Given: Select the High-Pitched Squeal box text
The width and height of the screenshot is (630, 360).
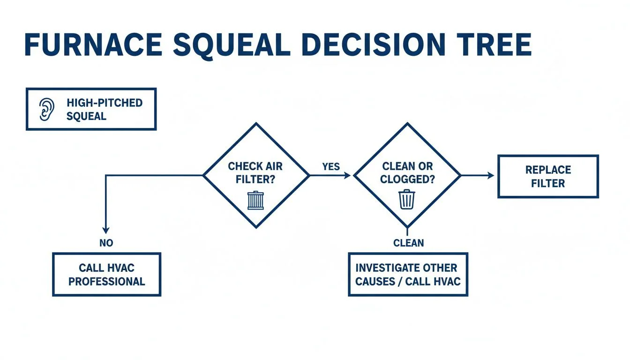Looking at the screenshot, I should [x=104, y=109].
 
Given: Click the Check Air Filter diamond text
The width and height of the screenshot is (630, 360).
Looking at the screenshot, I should [x=255, y=172].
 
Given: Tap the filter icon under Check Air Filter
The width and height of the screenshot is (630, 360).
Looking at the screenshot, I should [x=255, y=200].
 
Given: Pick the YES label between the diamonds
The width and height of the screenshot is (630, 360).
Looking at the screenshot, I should [x=331, y=166].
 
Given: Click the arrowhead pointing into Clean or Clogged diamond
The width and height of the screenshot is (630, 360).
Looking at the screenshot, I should [x=347, y=175].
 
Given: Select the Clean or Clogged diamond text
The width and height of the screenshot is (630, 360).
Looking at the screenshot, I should [x=407, y=172].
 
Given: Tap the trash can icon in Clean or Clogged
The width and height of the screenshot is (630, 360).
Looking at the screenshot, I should [x=406, y=199].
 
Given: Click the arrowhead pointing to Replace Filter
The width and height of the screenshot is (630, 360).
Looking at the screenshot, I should [x=491, y=175].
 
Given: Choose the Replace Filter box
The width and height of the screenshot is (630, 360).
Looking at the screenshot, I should [x=547, y=176].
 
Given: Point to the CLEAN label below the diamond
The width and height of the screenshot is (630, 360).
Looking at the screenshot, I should [x=408, y=243].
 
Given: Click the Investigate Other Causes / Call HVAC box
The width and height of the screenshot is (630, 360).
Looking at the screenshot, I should [x=408, y=275].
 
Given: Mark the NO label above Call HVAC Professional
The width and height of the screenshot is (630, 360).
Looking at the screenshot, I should [x=106, y=243].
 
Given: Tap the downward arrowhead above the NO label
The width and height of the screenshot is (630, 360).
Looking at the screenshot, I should [x=106, y=230].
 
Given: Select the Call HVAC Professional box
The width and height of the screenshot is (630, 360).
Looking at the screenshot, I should [x=106, y=275].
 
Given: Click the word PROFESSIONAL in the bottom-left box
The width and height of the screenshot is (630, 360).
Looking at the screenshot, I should [x=106, y=282].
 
